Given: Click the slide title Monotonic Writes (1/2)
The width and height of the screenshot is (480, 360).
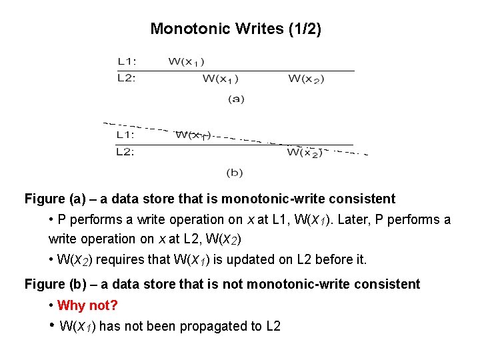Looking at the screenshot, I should (x=235, y=29).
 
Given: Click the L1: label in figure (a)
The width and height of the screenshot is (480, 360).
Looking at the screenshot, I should (x=128, y=62).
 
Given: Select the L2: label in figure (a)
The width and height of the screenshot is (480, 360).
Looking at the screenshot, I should (x=128, y=78).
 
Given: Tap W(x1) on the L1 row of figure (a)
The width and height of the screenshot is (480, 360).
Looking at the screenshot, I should (x=186, y=62).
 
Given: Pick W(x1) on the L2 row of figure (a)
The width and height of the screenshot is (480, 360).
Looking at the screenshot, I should (x=220, y=79).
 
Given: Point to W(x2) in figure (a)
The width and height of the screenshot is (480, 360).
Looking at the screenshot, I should (x=306, y=79).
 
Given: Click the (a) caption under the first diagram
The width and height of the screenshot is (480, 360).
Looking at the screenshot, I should (x=236, y=99).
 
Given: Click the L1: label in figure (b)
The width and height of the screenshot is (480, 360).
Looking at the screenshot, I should (x=126, y=134).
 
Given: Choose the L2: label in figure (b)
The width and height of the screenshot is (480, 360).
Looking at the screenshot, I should (x=126, y=152).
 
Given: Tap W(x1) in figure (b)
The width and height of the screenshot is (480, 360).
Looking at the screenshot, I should (x=193, y=135).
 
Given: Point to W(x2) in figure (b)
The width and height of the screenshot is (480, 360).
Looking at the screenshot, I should (x=304, y=153).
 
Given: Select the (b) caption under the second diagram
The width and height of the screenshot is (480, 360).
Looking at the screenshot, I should (x=235, y=173).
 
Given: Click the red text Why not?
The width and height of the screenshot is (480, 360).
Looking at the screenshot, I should (x=87, y=305).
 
